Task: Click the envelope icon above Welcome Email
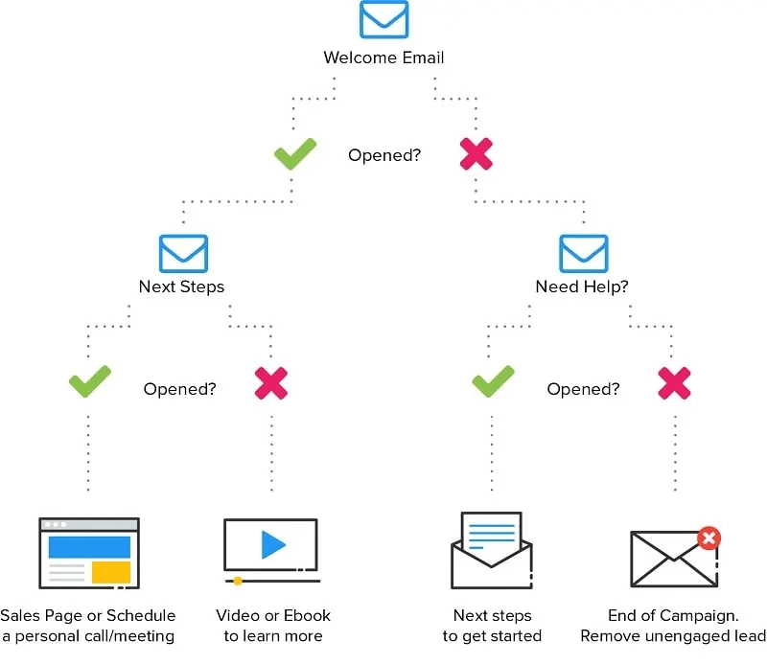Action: tap(383, 20)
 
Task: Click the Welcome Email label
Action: tap(383, 57)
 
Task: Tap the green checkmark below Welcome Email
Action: tap(295, 154)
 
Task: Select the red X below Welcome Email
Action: tap(476, 154)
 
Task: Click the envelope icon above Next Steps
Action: tap(183, 253)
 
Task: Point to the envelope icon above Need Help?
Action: tap(584, 253)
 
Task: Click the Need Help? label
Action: tap(582, 286)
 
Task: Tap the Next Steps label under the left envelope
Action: tap(181, 286)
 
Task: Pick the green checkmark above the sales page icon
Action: tap(89, 383)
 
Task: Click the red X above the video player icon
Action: tap(271, 383)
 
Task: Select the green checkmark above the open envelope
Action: tap(493, 383)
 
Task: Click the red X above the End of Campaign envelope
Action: tap(675, 383)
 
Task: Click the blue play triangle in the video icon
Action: tap(273, 545)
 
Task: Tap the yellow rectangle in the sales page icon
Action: tap(111, 572)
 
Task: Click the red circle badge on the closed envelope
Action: tap(709, 538)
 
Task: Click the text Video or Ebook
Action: tap(273, 615)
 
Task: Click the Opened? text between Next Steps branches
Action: tap(179, 389)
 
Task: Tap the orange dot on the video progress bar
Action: tap(238, 581)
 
